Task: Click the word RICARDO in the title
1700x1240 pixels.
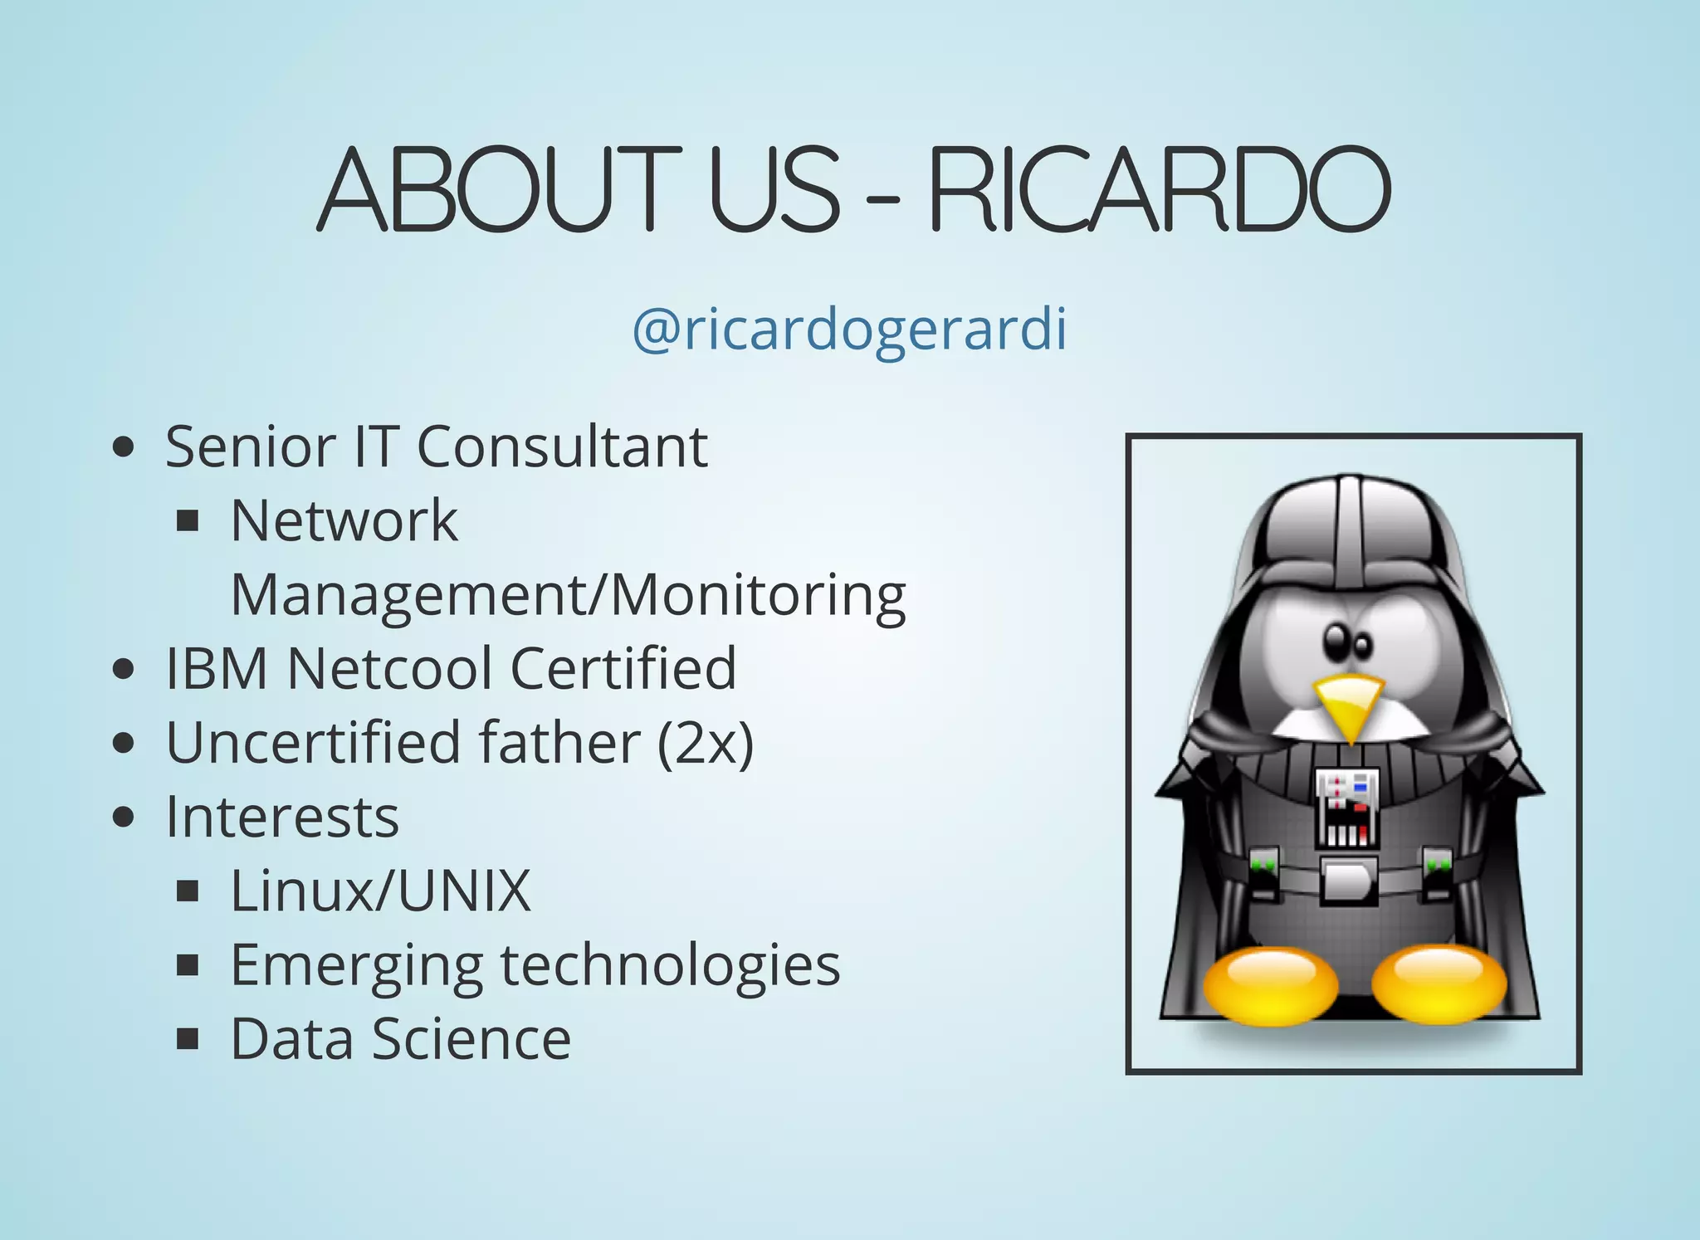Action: (1157, 189)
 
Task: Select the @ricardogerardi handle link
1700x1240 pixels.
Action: (849, 330)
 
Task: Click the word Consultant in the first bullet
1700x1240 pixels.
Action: (562, 447)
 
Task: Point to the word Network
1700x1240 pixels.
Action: (344, 521)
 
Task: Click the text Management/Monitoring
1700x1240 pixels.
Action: (568, 596)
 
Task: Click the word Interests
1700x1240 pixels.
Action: (282, 818)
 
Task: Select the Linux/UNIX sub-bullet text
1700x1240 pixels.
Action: (380, 891)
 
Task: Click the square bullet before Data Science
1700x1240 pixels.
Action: (188, 1039)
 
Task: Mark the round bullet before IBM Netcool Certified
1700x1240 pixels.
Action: (123, 669)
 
